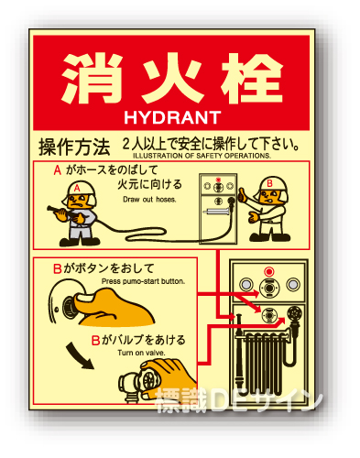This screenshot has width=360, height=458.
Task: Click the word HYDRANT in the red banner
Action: pos(172,117)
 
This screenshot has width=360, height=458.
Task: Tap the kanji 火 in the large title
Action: pos(172,80)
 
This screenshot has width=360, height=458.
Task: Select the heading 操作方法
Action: pos(74,147)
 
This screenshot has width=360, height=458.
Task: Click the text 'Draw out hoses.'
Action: pos(149,200)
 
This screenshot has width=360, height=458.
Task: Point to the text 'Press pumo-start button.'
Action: pos(143,281)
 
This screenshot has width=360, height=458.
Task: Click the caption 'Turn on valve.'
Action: pos(141,353)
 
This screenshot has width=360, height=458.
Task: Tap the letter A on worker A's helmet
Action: pos(77,188)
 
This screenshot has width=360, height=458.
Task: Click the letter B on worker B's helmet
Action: pos(269,183)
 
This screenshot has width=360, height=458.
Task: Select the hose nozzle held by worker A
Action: pos(57,210)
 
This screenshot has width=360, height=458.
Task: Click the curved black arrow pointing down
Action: pos(78,355)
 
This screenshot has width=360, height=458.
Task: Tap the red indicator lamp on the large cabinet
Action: pos(268,271)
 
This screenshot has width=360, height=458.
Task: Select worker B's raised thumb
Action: pos(243,194)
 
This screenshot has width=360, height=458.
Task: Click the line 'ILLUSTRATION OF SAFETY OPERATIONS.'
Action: pos(202,156)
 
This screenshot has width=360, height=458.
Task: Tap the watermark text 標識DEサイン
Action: pos(239,400)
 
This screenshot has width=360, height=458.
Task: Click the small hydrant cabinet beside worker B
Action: pos(218,209)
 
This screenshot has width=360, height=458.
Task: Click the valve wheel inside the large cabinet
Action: pos(294,313)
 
